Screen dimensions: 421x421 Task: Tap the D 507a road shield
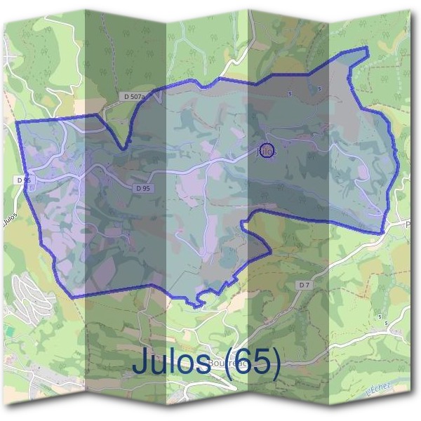click(x=133, y=96)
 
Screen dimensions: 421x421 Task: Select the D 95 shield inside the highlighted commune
click(x=142, y=188)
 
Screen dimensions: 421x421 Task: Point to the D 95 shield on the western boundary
click(x=23, y=180)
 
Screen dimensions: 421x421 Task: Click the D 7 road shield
click(x=304, y=285)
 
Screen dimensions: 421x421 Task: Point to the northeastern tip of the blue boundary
click(x=367, y=48)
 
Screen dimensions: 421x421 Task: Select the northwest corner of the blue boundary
click(x=18, y=122)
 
